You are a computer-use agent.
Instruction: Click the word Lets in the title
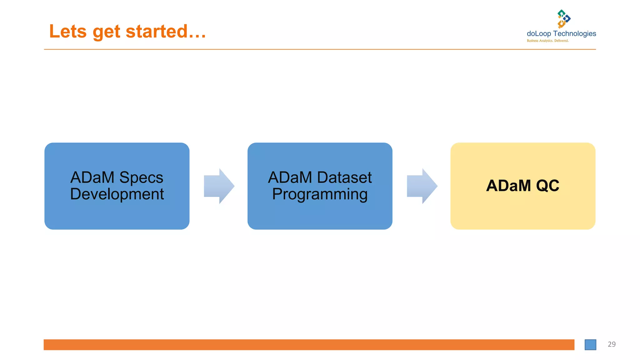[x=68, y=32]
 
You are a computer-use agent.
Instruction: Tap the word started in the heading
[x=156, y=32]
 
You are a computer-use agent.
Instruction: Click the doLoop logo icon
[x=564, y=19]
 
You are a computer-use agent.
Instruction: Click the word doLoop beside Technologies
[x=539, y=34]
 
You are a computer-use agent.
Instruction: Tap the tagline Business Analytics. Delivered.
[x=547, y=41]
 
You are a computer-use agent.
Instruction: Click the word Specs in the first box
[x=141, y=177]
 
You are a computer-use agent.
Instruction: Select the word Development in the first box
[x=117, y=194]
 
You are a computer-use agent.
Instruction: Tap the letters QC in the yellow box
[x=547, y=186]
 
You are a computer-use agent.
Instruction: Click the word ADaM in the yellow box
[x=508, y=186]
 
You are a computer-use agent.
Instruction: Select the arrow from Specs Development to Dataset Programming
[x=219, y=186]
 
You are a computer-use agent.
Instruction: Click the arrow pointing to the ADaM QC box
[x=422, y=186]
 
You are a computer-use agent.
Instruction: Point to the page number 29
[x=612, y=344]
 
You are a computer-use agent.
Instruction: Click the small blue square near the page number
[x=590, y=345]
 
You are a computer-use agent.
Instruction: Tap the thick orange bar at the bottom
[x=309, y=345]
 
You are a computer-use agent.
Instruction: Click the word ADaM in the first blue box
[x=92, y=177]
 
